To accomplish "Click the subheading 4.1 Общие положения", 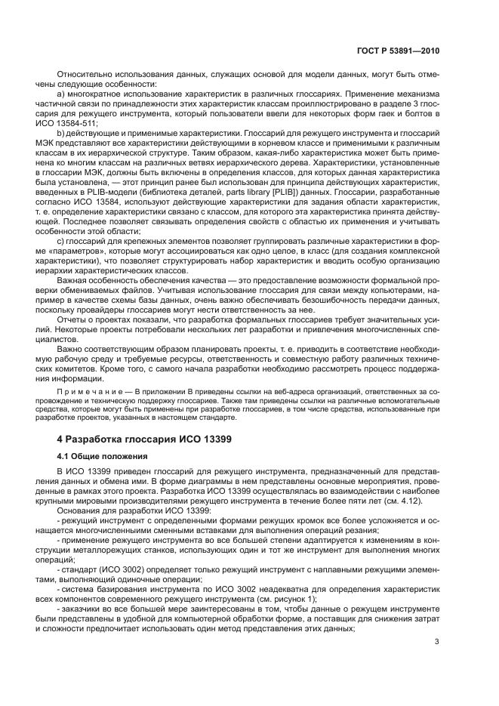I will tap(102, 457).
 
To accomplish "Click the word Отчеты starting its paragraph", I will tap(72, 329).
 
